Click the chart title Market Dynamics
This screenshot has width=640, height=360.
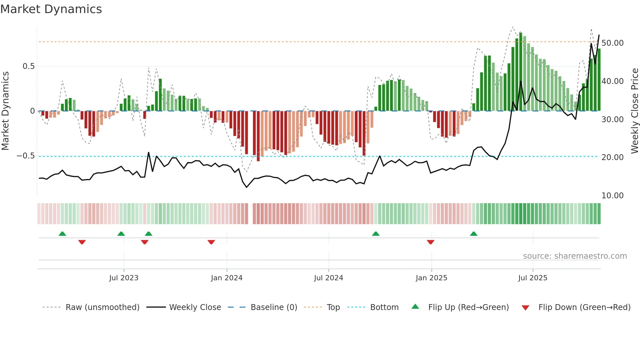(x=51, y=9)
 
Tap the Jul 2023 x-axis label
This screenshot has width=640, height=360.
(x=124, y=278)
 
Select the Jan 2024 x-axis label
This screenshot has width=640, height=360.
(x=227, y=278)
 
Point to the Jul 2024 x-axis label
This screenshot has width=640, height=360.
(x=328, y=278)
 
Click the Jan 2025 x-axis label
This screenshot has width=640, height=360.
(x=431, y=278)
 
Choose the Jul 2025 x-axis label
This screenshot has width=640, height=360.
(x=533, y=278)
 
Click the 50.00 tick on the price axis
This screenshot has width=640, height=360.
(x=613, y=43)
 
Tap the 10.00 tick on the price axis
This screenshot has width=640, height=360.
(x=613, y=196)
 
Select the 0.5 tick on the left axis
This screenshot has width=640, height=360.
(x=28, y=66)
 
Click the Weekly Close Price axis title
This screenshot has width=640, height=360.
(x=634, y=111)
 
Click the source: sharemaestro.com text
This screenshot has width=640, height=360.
(x=575, y=256)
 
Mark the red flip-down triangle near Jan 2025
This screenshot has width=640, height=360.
(x=430, y=242)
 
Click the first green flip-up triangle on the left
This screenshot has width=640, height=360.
(x=62, y=234)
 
